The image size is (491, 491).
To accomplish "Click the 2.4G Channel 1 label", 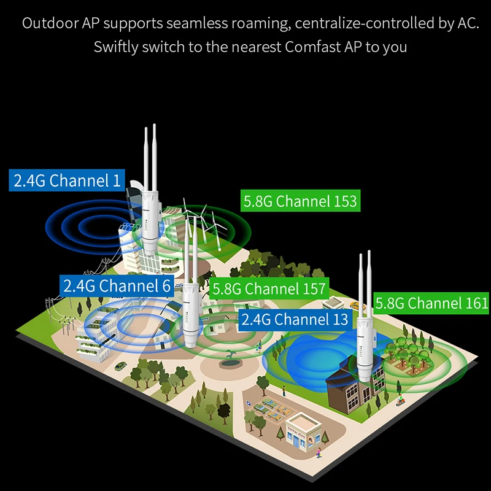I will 68,180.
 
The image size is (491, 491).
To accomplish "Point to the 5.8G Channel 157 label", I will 268,288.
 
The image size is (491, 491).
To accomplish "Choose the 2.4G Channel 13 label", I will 295,319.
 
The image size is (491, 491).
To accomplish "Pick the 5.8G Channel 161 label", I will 431,303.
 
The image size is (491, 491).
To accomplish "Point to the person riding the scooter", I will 400,402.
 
